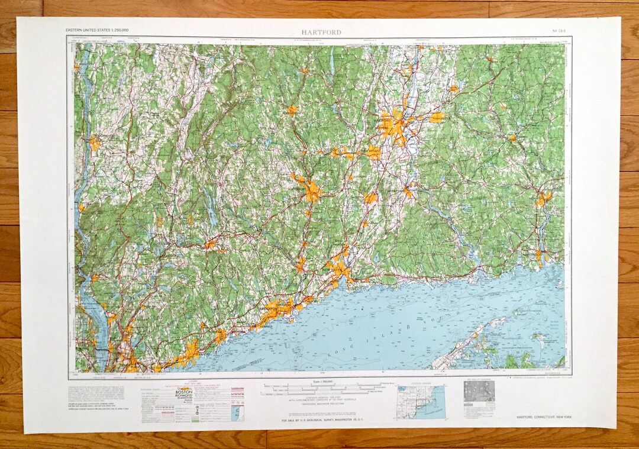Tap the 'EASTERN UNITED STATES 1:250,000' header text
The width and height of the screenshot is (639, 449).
[98, 30]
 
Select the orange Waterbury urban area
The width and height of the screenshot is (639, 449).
[311, 190]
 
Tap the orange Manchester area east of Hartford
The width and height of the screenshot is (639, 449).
[437, 118]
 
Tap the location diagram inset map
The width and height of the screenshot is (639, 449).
[421, 402]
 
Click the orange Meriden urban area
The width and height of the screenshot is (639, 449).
[370, 198]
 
